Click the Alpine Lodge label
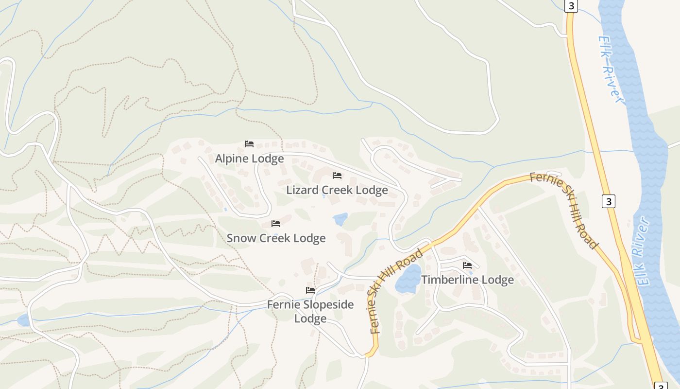pyautogui.click(x=249, y=159)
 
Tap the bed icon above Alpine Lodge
pyautogui.click(x=249, y=144)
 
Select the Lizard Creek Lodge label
pyautogui.click(x=337, y=190)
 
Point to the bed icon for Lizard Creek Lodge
pyautogui.click(x=337, y=176)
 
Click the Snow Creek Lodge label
pyautogui.click(x=276, y=238)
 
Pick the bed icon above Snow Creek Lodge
pyautogui.click(x=276, y=224)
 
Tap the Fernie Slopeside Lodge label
pyautogui.click(x=310, y=312)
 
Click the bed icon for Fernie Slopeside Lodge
pyautogui.click(x=310, y=290)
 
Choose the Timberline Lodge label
pyautogui.click(x=467, y=280)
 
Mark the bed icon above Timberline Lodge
pyautogui.click(x=467, y=265)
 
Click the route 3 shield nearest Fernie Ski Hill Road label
pyautogui.click(x=609, y=201)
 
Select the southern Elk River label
pyautogui.click(x=641, y=251)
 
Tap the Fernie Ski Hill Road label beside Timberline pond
pyautogui.click(x=396, y=292)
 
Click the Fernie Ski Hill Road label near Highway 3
pyautogui.click(x=563, y=210)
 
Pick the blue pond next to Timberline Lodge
pyautogui.click(x=408, y=279)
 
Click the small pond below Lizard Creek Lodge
pyautogui.click(x=340, y=219)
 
